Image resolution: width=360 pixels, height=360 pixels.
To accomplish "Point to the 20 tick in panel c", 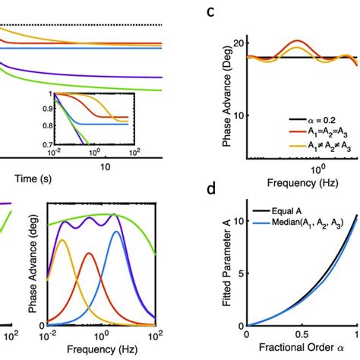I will click(237, 44).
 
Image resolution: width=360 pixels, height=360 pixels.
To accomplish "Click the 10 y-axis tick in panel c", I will click(237, 115).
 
